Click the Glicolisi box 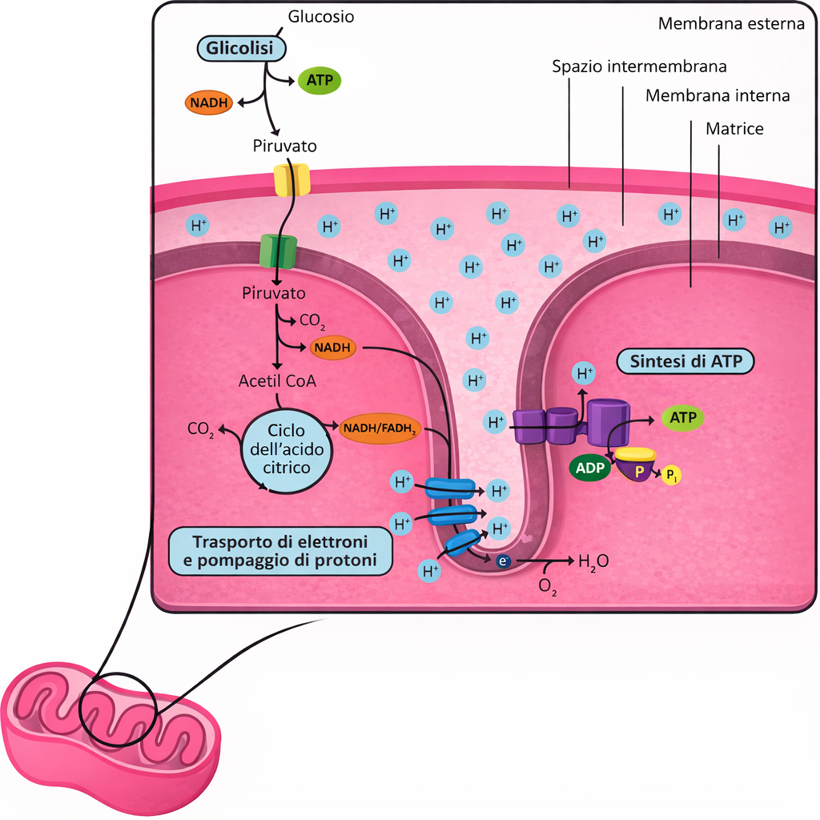(x=242, y=49)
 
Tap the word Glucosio (x=321, y=17)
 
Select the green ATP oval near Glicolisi (x=320, y=81)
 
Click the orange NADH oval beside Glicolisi (x=209, y=102)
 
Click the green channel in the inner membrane (x=278, y=251)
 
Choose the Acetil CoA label (x=277, y=380)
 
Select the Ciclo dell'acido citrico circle (x=286, y=451)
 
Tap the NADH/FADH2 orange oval (x=380, y=428)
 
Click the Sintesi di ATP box (x=685, y=361)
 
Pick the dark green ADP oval (x=590, y=468)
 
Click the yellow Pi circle (x=672, y=476)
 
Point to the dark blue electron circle (x=503, y=561)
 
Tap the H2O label (x=593, y=562)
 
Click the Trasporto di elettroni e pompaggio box (x=280, y=551)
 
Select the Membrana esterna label (x=731, y=24)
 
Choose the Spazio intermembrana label (x=639, y=67)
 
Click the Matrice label (x=734, y=129)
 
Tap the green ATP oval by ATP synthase (x=683, y=418)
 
